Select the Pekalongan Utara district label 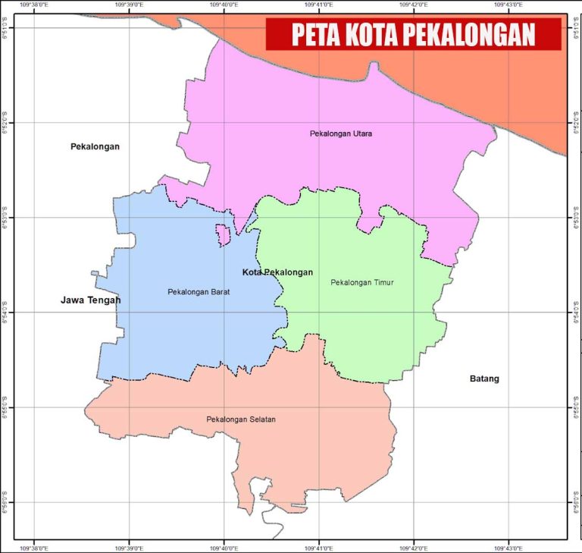point(340,134)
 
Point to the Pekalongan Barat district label point(199,291)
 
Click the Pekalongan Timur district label point(362,283)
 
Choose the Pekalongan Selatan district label point(241,419)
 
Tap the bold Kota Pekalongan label point(277,272)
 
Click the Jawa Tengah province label point(91,300)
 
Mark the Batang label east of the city point(484,379)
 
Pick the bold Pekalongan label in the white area point(95,146)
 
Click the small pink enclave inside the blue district point(223,234)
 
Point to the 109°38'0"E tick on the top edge point(34,5)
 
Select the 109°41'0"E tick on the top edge point(318,5)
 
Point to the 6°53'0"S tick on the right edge point(575,218)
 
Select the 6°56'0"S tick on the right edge point(575,502)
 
